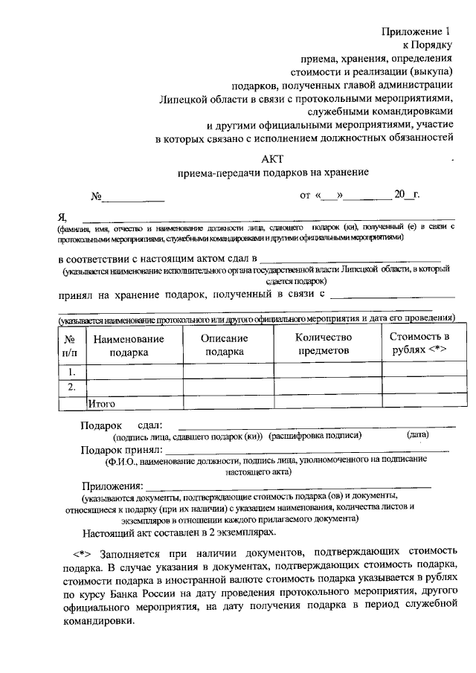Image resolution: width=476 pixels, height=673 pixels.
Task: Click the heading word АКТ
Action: pos(272,158)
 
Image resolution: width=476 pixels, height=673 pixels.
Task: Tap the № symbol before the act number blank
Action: pos(96,197)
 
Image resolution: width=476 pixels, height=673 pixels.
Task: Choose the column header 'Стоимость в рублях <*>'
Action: pos(419,344)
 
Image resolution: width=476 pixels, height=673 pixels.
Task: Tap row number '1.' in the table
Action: pos(71,371)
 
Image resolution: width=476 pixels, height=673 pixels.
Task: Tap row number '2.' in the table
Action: pos(71,387)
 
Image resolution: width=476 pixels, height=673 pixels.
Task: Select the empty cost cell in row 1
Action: pos(419,371)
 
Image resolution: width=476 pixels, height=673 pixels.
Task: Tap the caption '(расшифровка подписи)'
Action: pos(315,437)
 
